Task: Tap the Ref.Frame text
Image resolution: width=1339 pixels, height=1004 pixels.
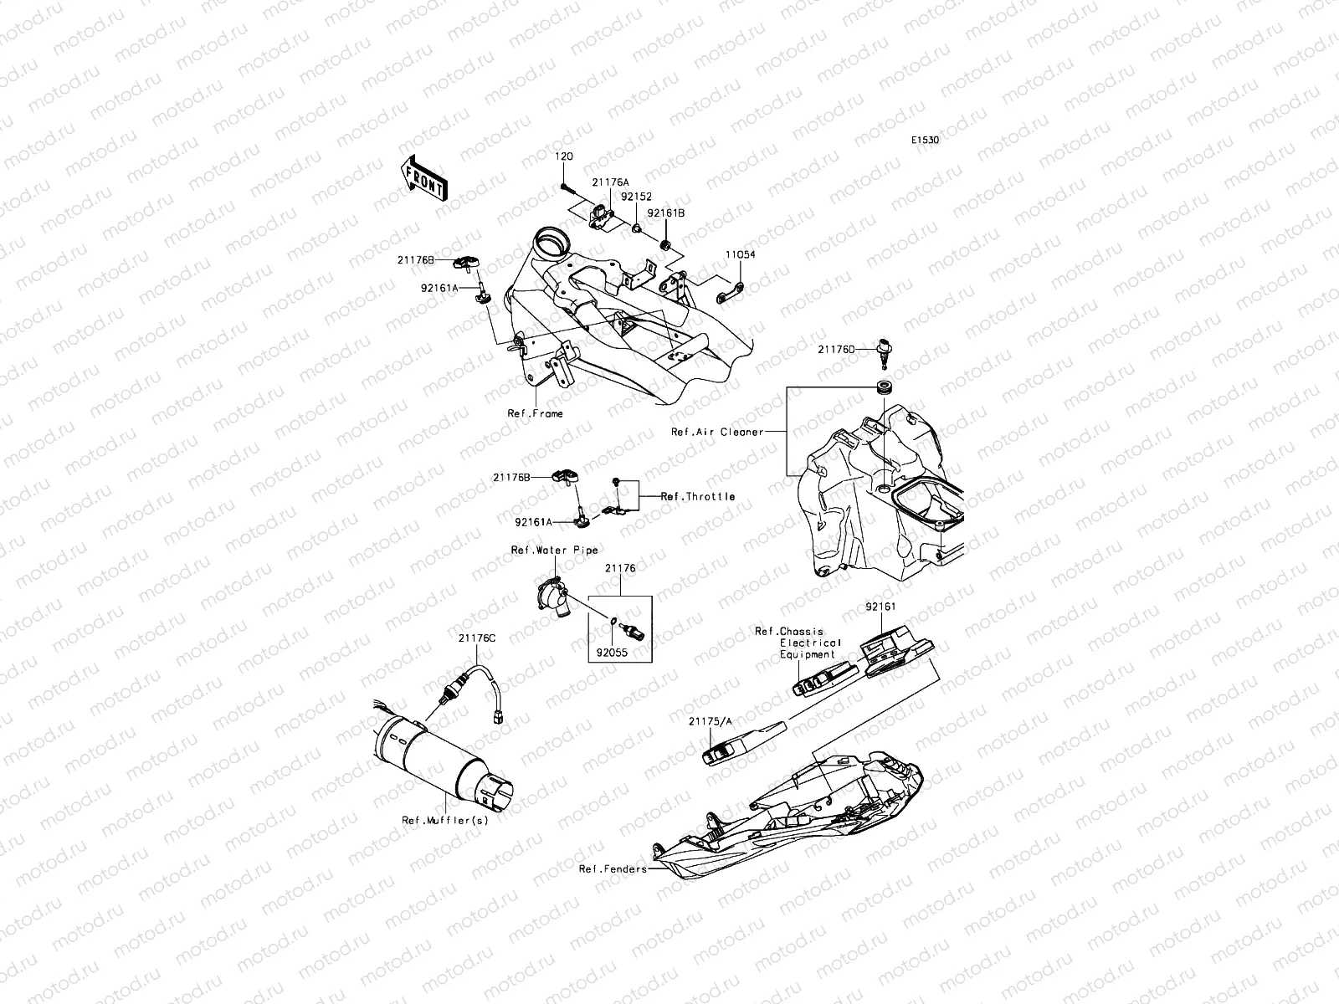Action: (x=535, y=413)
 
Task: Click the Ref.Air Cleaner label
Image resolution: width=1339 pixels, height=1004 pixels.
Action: (x=717, y=432)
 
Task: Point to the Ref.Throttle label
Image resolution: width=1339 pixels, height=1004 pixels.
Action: (x=698, y=496)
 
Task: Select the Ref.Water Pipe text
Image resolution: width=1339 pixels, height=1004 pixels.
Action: (x=555, y=550)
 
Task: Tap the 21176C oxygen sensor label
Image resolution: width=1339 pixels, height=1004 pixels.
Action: (x=477, y=638)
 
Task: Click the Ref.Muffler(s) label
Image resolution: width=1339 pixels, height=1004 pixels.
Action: (x=445, y=820)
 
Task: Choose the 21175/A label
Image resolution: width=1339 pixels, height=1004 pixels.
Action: (x=711, y=720)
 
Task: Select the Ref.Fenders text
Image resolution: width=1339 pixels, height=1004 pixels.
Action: (x=613, y=868)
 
